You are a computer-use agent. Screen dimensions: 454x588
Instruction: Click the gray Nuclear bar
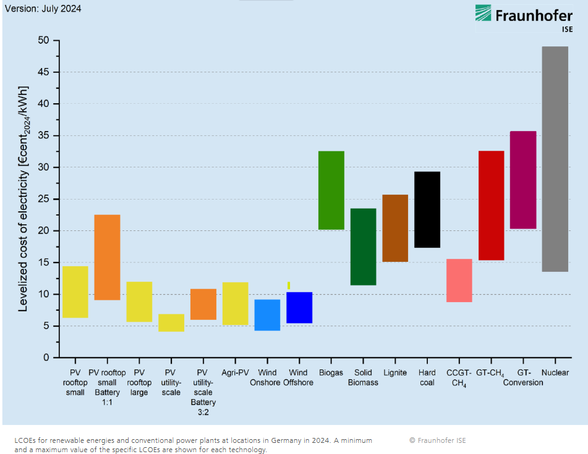pos(555,159)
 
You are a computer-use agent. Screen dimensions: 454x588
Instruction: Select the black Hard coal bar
pos(427,209)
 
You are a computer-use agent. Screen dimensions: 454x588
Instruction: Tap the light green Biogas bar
pos(331,190)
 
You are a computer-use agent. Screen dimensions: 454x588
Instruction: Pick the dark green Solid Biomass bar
pos(363,246)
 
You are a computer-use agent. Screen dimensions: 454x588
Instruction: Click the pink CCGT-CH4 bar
pos(459,280)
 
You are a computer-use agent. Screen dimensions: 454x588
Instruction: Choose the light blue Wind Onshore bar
pos(267,315)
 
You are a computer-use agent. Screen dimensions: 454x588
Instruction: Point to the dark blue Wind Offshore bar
pos(299,308)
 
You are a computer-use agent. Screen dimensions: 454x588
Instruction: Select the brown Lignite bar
pos(395,228)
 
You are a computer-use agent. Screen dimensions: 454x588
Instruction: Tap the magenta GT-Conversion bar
pos(523,180)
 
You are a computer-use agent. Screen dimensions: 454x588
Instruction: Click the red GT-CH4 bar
pos(491,205)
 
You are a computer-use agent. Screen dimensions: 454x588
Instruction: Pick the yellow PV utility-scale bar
pos(171,323)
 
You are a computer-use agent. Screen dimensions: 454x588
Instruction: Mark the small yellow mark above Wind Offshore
pos(289,285)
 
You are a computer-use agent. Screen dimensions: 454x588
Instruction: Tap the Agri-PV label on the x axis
pos(235,373)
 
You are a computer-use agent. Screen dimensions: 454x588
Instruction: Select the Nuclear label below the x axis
pos(555,373)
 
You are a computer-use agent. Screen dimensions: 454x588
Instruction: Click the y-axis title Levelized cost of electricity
pos(23,198)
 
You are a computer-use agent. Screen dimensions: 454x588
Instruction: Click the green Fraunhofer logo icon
pos(483,13)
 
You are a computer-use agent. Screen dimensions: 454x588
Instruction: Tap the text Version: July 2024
pos(43,9)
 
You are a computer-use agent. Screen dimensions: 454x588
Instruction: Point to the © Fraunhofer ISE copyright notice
pos(438,440)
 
